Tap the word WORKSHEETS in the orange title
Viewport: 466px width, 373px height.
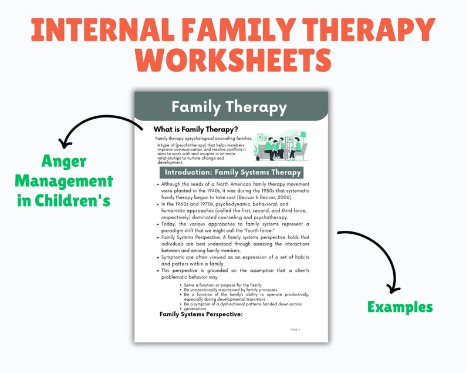click(232, 61)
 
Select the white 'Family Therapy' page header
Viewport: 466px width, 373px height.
click(229, 107)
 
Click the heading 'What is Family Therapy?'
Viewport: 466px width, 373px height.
click(195, 129)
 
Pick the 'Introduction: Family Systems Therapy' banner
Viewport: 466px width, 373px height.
click(232, 172)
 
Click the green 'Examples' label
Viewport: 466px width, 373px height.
click(400, 307)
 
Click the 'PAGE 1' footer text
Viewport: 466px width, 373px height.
click(295, 330)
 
